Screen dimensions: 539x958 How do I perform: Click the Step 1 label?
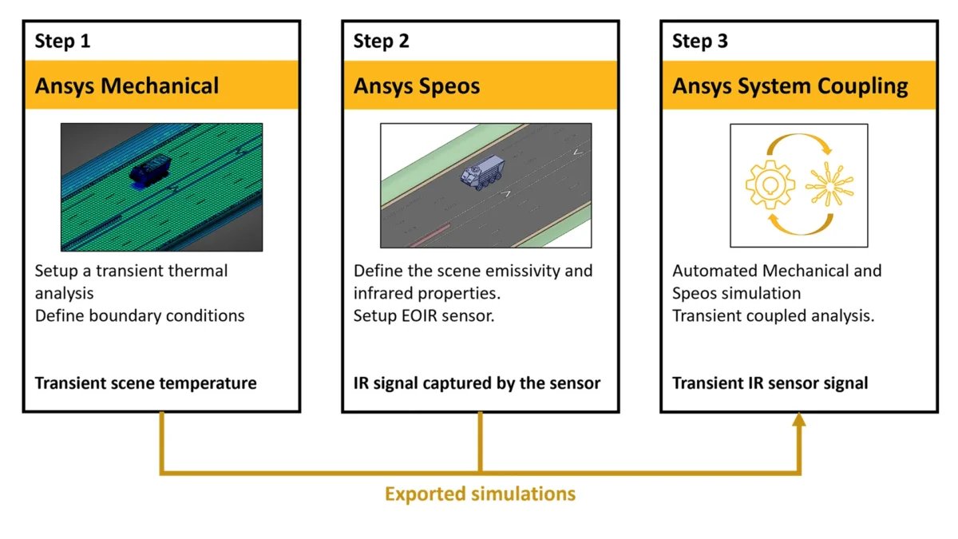tap(62, 42)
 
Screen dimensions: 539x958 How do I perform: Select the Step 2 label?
tap(381, 42)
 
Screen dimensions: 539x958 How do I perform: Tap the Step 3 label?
tap(700, 42)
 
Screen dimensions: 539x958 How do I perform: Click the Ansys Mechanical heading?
tap(126, 85)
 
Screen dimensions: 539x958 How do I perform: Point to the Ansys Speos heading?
tap(417, 85)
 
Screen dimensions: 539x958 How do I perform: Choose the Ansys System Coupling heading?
tap(790, 85)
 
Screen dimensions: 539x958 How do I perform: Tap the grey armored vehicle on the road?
tap(481, 174)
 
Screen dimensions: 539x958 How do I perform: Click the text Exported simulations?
tap(480, 493)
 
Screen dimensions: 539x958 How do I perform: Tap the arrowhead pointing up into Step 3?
tap(798, 420)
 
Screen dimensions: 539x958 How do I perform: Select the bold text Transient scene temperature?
tap(145, 383)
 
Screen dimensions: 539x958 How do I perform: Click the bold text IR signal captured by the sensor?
tap(477, 383)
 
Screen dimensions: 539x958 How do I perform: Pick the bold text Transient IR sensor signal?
tap(770, 383)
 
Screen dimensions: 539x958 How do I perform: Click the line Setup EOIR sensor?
tap(424, 315)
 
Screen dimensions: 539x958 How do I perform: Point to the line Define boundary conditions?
tap(140, 315)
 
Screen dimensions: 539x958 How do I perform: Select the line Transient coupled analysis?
tap(773, 315)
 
